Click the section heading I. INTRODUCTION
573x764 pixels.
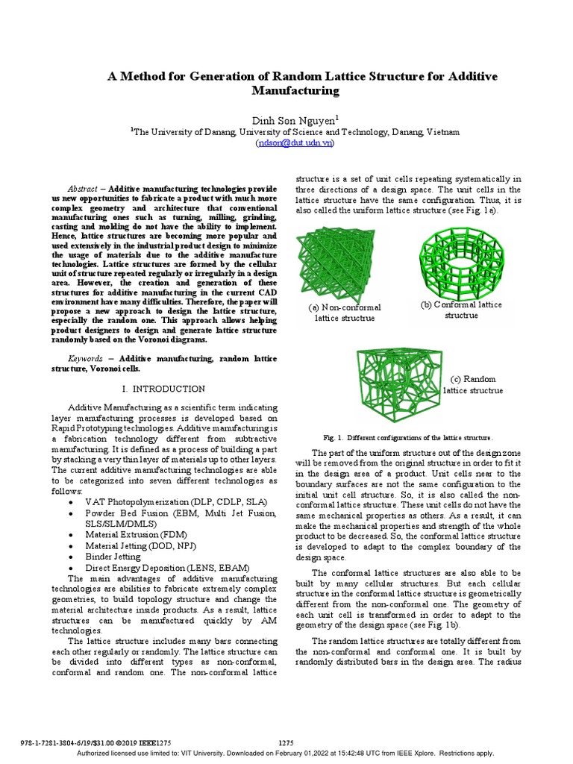pyautogui.click(x=163, y=389)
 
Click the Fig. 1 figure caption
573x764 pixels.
pyautogui.click(x=407, y=437)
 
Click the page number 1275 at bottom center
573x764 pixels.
pyautogui.click(x=286, y=742)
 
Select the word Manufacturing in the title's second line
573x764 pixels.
pyautogui.click(x=296, y=91)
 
